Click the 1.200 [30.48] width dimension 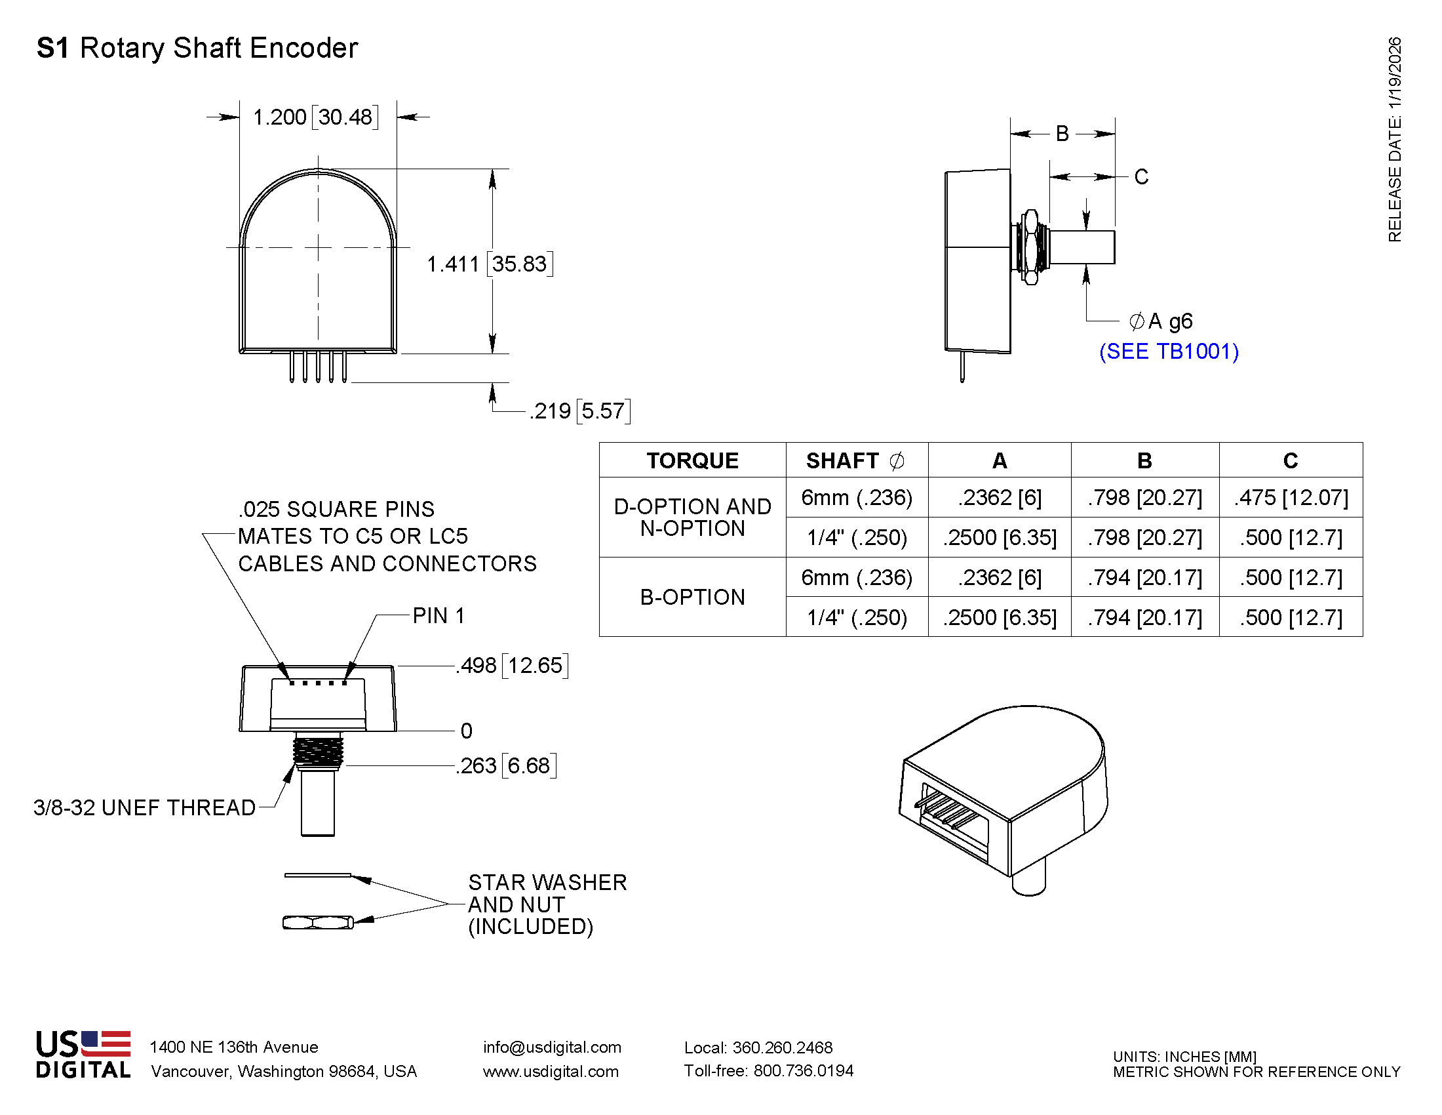tap(316, 117)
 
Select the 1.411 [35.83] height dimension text tap(489, 264)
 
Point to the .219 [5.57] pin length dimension tap(579, 411)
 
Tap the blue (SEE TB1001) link tap(1168, 352)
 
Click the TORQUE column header tap(692, 460)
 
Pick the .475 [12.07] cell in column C tap(1290, 497)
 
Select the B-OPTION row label tap(692, 597)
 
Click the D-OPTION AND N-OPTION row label tap(692, 517)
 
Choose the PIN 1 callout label tap(438, 616)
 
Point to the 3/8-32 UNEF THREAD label tap(145, 807)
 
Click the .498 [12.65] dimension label tap(512, 665)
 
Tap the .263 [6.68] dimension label tap(506, 765)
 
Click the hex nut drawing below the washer tap(318, 922)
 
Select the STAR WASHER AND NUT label tap(546, 904)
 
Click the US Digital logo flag tap(106, 1043)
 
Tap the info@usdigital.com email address tap(551, 1047)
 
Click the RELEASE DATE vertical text tap(1393, 138)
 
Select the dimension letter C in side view tap(1141, 176)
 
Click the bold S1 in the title tap(53, 49)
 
